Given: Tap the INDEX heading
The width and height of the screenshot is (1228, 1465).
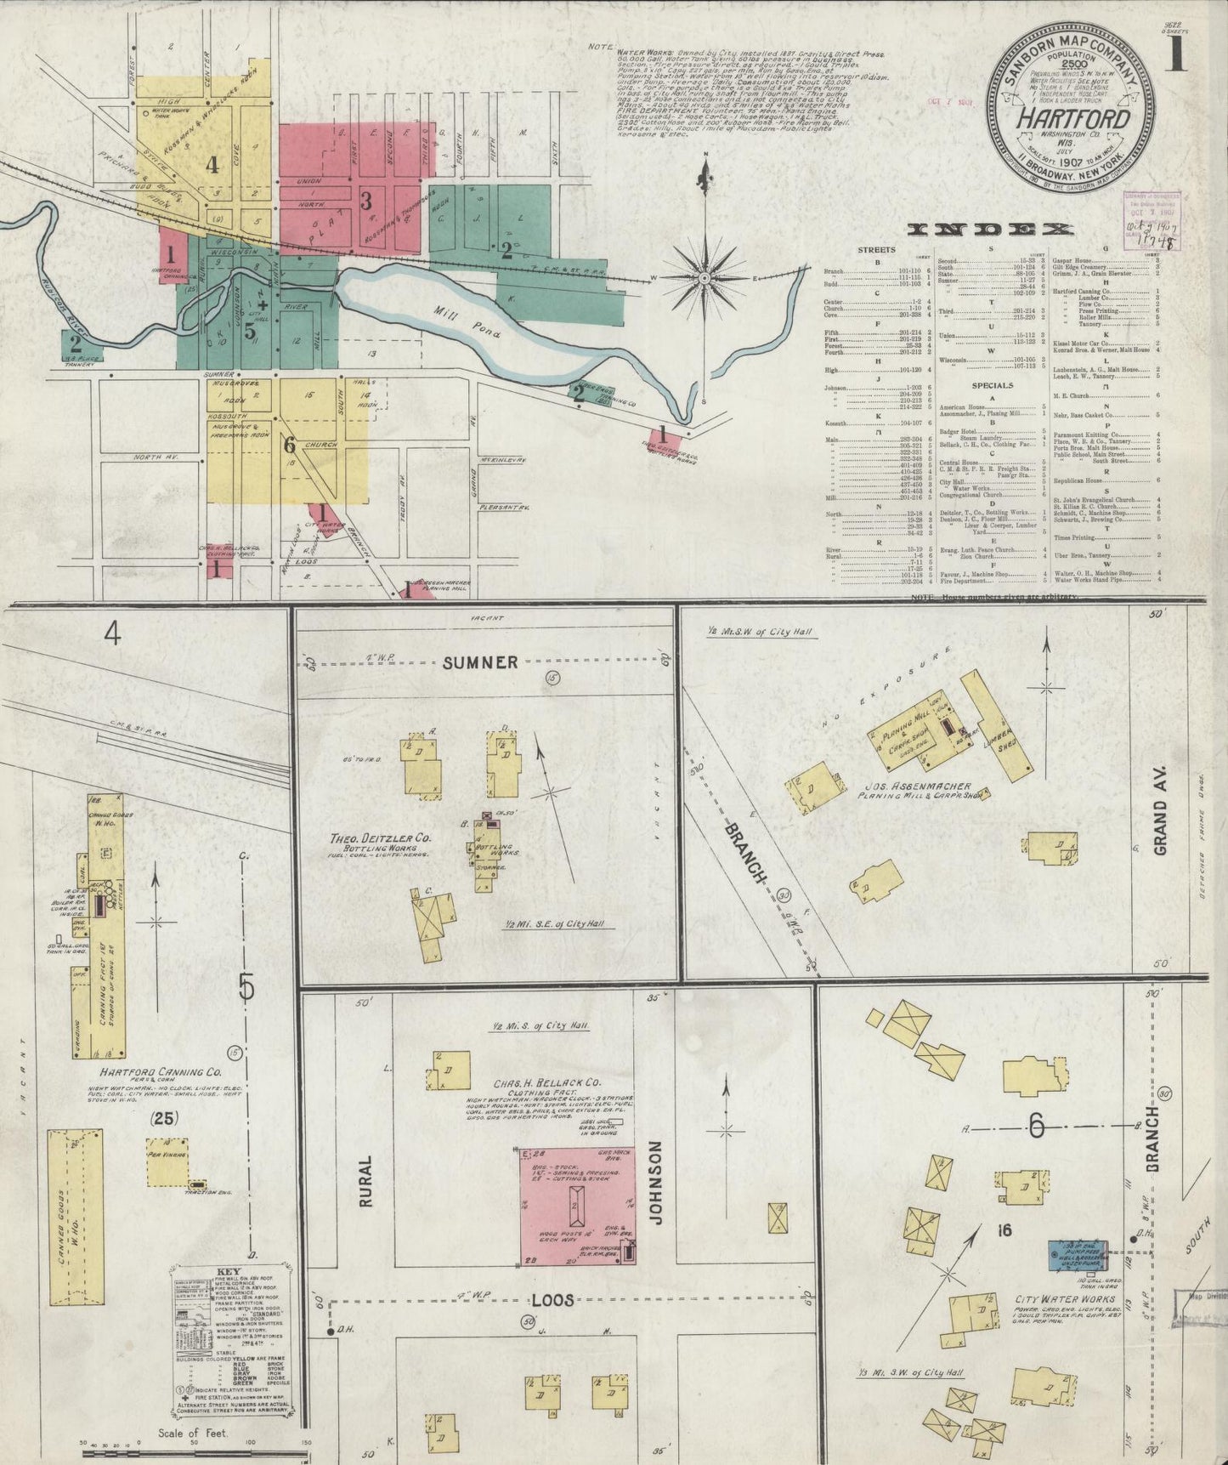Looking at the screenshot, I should pyautogui.click(x=991, y=230).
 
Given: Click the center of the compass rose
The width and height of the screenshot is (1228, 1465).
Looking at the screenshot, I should pyautogui.click(x=705, y=278).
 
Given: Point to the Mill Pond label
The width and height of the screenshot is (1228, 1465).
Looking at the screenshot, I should pyautogui.click(x=463, y=324).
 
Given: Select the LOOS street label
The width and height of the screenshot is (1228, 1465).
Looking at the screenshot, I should pyautogui.click(x=553, y=1300).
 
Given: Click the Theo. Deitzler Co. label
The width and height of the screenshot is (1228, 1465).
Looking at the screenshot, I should pyautogui.click(x=381, y=838).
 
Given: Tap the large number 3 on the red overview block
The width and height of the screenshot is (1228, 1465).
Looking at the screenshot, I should pyautogui.click(x=366, y=202).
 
